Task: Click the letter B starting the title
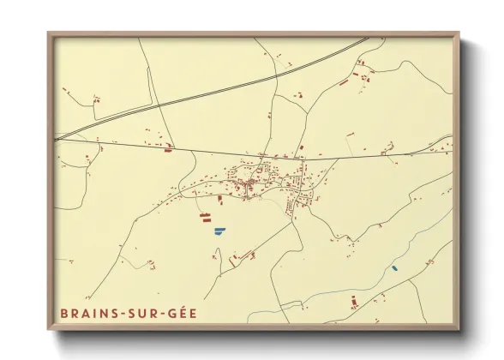(64, 313)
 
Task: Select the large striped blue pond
(219, 230)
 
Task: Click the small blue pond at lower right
(394, 267)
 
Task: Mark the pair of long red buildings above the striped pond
(207, 218)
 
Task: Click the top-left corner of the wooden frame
(49, 34)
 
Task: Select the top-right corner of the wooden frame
(459, 34)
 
